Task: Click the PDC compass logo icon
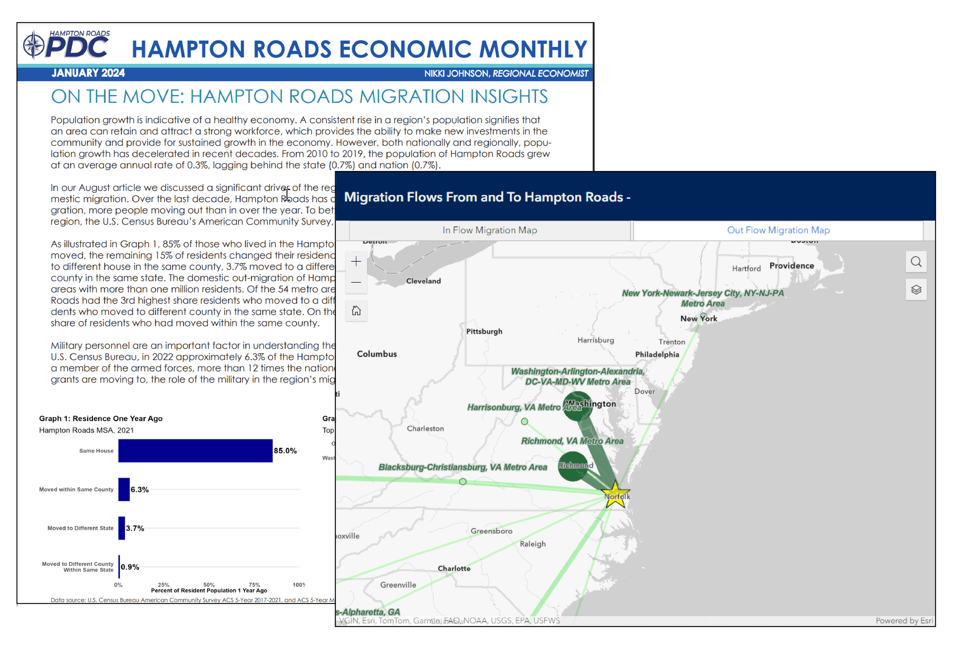33,45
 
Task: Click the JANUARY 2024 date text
88,73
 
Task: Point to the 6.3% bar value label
139,489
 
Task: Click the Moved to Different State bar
121,528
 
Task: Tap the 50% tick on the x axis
209,585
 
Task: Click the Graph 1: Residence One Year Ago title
100,418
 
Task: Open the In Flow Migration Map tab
489,231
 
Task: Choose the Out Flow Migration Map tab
778,231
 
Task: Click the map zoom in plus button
356,261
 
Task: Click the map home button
356,311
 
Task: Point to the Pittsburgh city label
484,331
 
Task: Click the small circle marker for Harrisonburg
524,421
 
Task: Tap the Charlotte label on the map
454,569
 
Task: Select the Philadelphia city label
657,355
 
